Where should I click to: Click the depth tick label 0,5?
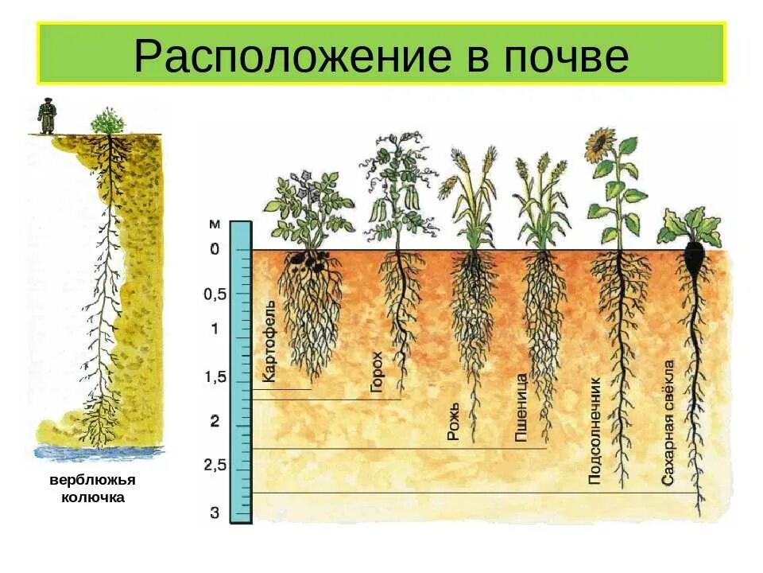tap(215, 294)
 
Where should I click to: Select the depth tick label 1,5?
tap(215, 377)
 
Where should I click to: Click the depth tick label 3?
tap(215, 513)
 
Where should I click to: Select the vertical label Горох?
tap(377, 372)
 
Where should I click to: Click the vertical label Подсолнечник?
tap(594, 431)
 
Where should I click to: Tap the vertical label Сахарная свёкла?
tap(668, 423)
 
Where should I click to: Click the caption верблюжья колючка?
tap(93, 489)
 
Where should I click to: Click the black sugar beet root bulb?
tap(693, 259)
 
